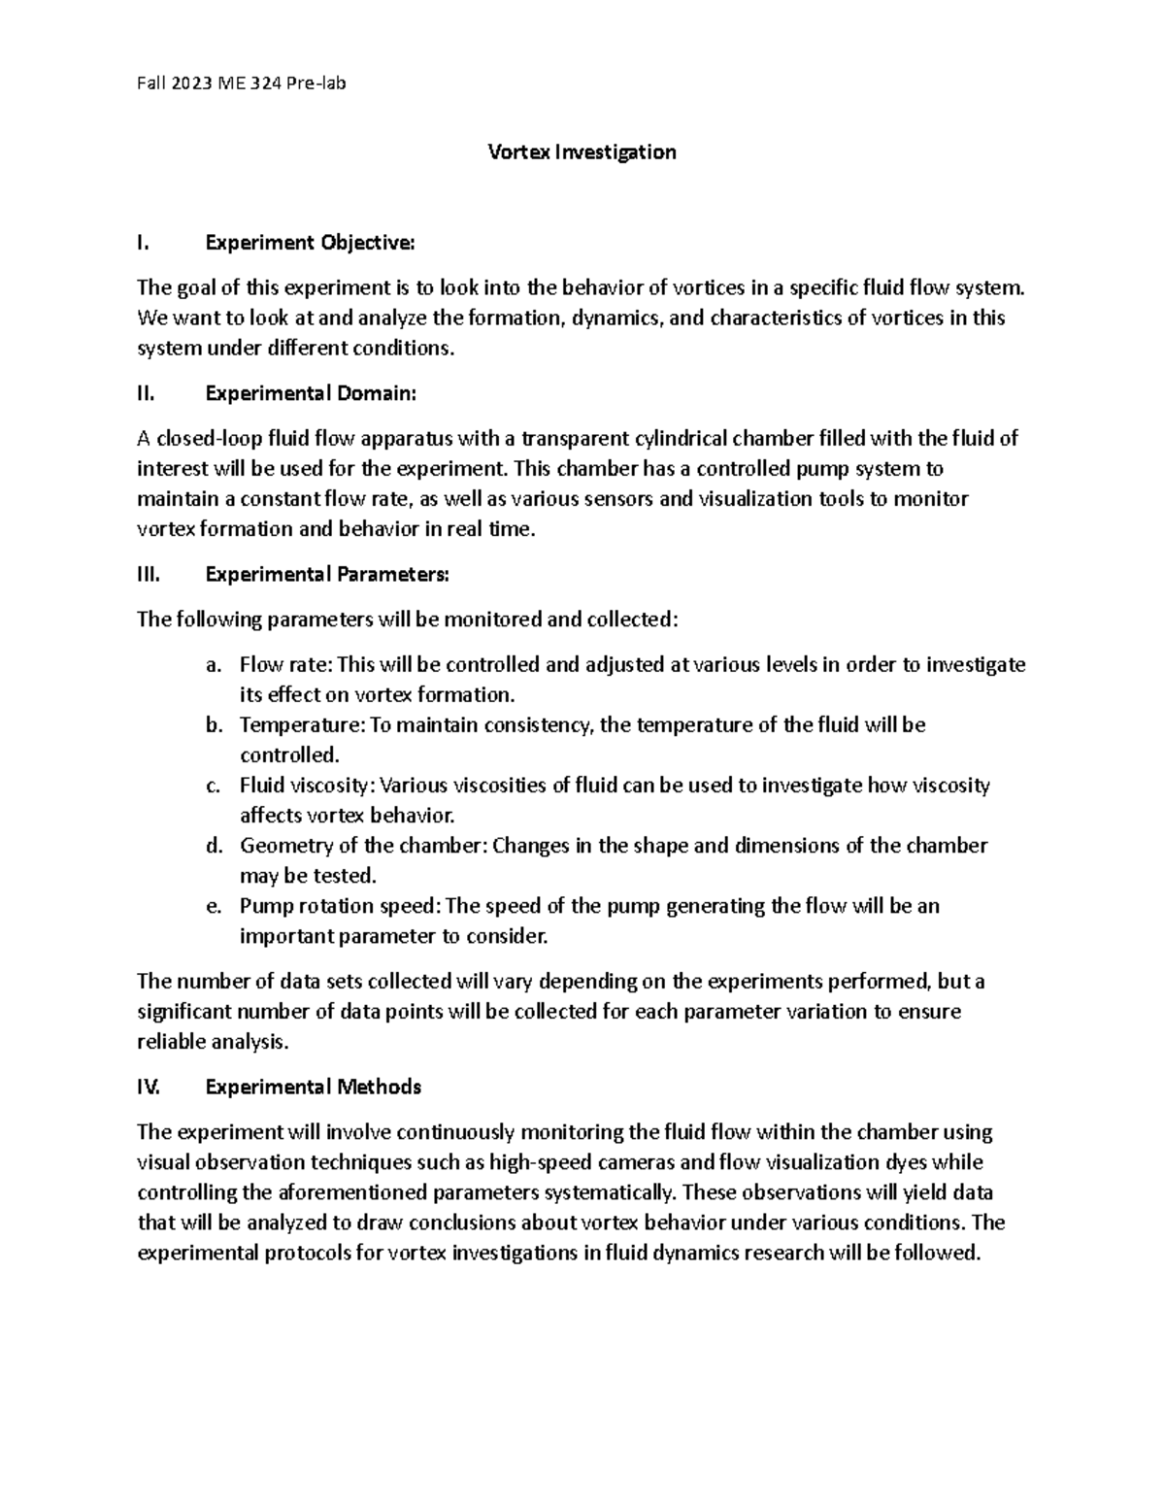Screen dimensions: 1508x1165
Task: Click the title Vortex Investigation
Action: [581, 152]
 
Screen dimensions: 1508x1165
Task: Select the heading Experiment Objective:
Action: [310, 243]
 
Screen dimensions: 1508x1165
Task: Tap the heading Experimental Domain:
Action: [310, 393]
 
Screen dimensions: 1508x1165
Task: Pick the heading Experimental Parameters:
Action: [327, 575]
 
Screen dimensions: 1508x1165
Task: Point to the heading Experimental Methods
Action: [313, 1087]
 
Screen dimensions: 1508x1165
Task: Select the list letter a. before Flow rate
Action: [214, 665]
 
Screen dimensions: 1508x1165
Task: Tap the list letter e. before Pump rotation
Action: [214, 906]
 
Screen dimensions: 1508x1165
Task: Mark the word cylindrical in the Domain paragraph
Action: [681, 439]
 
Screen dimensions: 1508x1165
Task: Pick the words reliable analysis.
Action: [213, 1042]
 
